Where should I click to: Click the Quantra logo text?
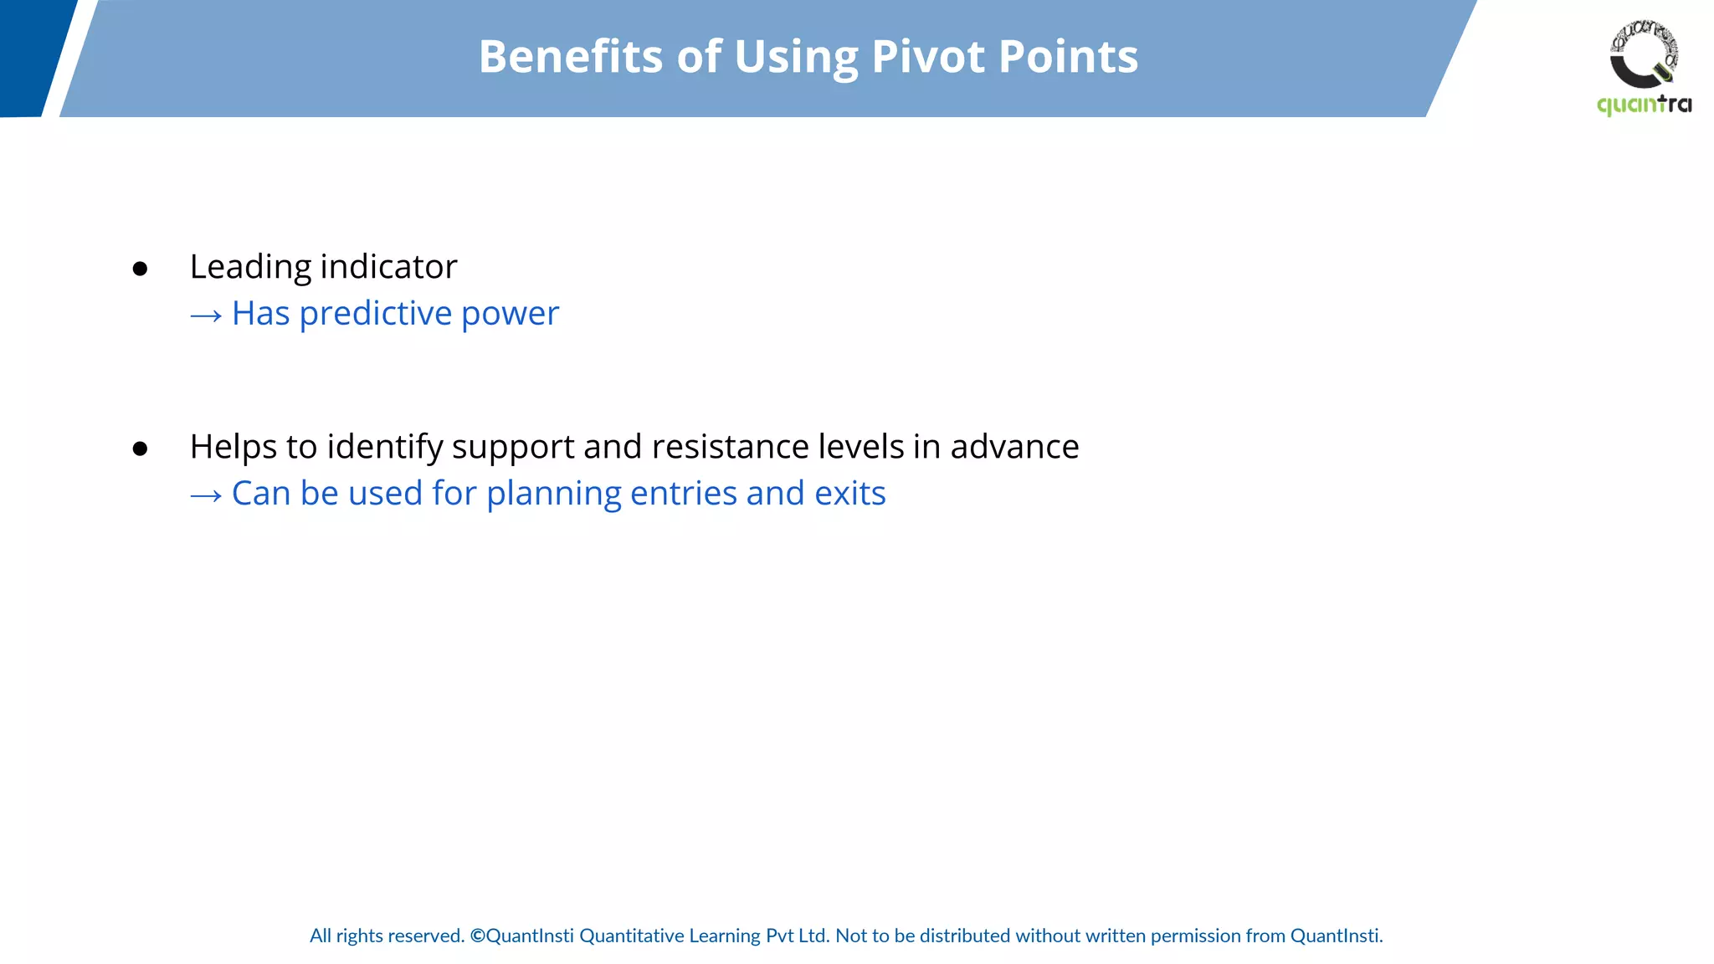(1644, 105)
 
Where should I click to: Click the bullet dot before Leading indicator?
(140, 269)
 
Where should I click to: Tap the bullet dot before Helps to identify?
(140, 449)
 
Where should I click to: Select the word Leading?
(250, 268)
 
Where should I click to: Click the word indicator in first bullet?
(388, 267)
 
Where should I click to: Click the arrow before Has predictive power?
(206, 315)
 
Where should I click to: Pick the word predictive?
(376, 314)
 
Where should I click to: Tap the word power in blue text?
(510, 315)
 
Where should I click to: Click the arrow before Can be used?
(206, 495)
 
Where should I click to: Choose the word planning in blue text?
(553, 495)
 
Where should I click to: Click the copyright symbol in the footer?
(477, 936)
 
